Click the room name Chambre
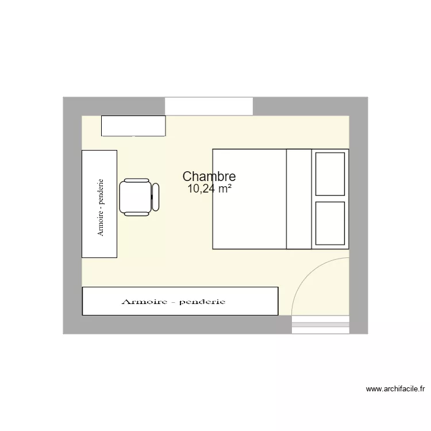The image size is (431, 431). pos(209,177)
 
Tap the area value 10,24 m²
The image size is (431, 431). pos(209,188)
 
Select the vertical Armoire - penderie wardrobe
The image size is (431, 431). pos(99,204)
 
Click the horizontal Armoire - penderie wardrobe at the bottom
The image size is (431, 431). pos(180,301)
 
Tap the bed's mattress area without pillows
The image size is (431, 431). pos(249,199)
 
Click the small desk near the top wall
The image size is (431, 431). pos(133,126)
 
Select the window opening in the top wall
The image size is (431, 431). pos(209,106)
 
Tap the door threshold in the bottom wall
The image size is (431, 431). pos(321,325)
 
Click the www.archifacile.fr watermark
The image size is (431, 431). pos(395,389)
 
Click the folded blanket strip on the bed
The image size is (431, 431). pos(299,199)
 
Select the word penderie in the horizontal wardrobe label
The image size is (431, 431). pos(202,302)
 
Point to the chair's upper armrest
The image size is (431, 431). pos(137,180)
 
